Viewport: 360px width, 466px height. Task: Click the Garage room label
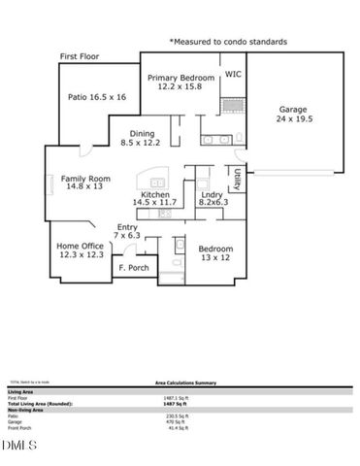pyautogui.click(x=292, y=110)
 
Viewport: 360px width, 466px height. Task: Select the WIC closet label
pyautogui.click(x=233, y=73)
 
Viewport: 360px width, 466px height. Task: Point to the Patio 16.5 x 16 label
pyautogui.click(x=97, y=97)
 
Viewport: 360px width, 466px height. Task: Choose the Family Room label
pyautogui.click(x=85, y=179)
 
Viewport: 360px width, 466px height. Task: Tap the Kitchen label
pyautogui.click(x=158, y=195)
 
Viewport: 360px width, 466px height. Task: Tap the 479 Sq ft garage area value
pyautogui.click(x=171, y=421)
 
